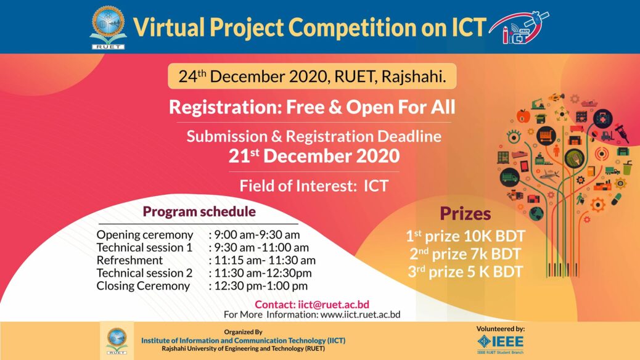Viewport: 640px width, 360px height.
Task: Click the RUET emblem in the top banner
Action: [108, 28]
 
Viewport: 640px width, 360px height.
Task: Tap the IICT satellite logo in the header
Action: [519, 27]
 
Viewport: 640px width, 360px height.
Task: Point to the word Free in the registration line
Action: [305, 107]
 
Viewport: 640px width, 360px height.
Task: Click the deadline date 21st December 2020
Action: [314, 156]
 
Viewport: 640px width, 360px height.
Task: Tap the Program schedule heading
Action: [199, 212]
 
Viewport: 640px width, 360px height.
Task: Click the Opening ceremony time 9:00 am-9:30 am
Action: [256, 235]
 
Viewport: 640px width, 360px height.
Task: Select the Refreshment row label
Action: [129, 260]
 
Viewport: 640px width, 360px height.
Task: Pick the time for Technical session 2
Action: [263, 273]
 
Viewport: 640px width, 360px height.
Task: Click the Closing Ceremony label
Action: [143, 285]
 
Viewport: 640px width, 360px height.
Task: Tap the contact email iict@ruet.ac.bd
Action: [334, 305]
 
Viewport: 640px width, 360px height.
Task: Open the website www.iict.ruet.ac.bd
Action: [361, 315]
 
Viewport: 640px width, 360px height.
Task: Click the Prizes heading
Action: [466, 213]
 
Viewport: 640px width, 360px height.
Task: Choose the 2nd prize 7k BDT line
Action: [466, 254]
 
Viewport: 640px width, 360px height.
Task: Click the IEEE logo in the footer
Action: [501, 343]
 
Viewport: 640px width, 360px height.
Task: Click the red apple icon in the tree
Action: [523, 116]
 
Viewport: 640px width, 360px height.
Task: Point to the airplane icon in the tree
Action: [549, 176]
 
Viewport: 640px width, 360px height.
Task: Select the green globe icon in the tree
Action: [536, 213]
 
